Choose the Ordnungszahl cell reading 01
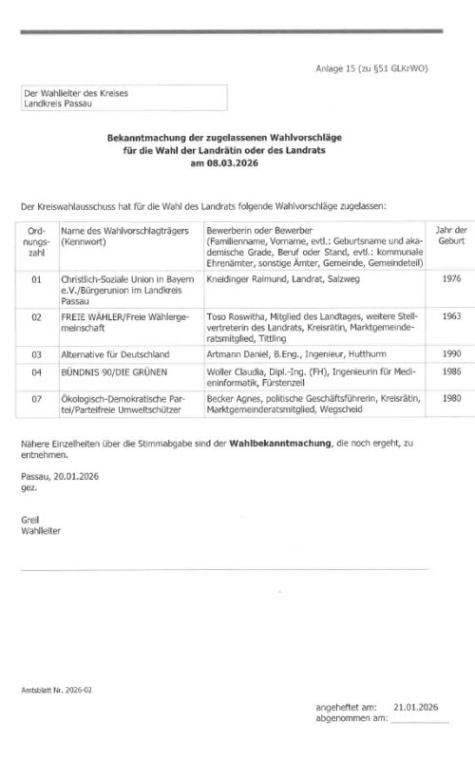pos(36,280)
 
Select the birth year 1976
pos(450,280)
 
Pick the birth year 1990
pos(450,353)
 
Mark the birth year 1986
pos(450,371)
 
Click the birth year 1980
pos(450,400)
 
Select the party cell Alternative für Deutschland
pos(115,353)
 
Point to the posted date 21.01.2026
pos(415,708)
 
